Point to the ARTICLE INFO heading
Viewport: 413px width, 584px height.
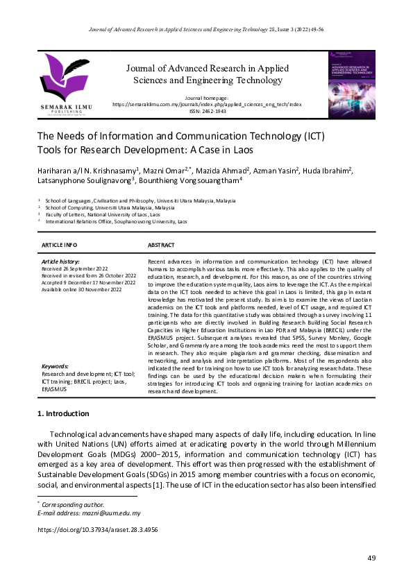pyautogui.click(x=60, y=246)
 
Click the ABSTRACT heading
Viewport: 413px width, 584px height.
pyautogui.click(x=161, y=246)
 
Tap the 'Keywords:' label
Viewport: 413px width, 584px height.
pyautogui.click(x=55, y=366)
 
